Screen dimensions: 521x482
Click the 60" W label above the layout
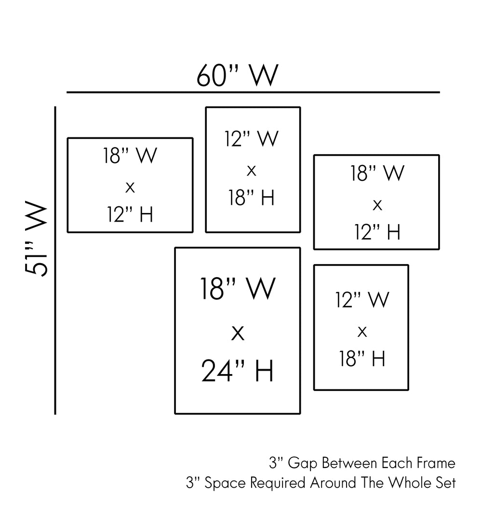click(237, 76)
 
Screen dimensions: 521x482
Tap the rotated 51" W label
click(37, 240)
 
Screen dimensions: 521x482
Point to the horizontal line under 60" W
click(253, 92)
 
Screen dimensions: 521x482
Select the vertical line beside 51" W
click(55, 260)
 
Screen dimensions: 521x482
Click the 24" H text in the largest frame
click(238, 371)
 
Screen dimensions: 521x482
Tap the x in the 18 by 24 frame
click(238, 333)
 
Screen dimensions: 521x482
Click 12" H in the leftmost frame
click(130, 215)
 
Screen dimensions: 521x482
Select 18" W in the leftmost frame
click(130, 157)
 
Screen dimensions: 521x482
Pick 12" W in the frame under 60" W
click(251, 139)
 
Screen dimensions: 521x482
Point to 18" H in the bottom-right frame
click(362, 359)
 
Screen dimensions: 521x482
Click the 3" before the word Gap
click(275, 464)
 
